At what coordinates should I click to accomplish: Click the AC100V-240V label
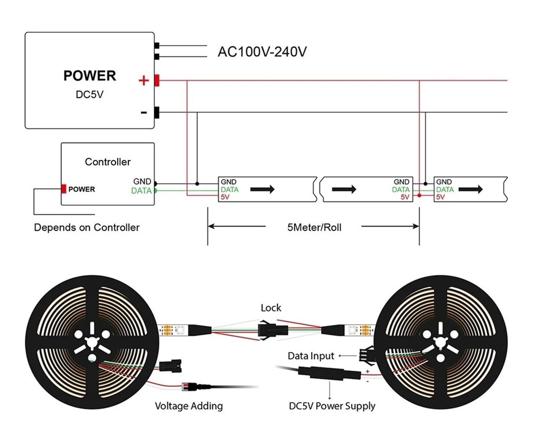(262, 52)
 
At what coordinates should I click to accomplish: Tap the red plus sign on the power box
(144, 80)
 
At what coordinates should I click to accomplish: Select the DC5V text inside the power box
(90, 94)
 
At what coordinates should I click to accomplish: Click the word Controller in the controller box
(108, 162)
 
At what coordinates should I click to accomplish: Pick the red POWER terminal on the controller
(64, 189)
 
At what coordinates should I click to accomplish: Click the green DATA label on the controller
(141, 191)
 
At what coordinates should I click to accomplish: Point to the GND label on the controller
(142, 181)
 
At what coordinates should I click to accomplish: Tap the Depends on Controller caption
(87, 228)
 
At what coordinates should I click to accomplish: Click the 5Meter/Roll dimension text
(314, 228)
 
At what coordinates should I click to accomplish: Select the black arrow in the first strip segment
(262, 189)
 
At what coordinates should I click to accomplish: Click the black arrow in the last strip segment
(470, 189)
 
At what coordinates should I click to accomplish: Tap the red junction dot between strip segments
(419, 195)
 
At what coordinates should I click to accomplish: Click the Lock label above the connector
(271, 308)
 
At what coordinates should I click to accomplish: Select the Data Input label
(311, 356)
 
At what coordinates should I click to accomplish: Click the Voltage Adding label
(189, 406)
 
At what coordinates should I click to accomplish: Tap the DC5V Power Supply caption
(332, 406)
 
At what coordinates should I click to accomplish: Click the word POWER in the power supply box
(90, 76)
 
